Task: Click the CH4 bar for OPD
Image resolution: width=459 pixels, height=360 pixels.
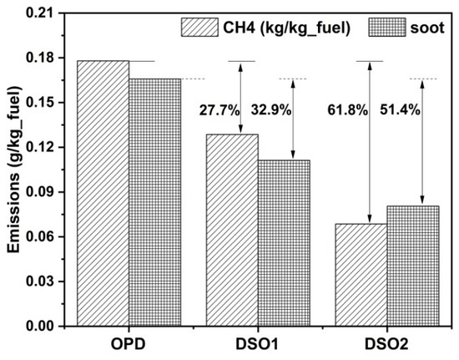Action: (103, 193)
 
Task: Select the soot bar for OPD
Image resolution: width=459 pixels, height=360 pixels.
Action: (155, 202)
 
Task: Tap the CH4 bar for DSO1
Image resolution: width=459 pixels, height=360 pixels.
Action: (232, 231)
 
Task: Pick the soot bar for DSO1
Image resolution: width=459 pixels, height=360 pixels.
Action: (284, 243)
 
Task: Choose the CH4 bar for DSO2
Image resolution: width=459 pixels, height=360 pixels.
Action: (361, 275)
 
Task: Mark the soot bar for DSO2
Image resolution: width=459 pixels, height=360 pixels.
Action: (413, 266)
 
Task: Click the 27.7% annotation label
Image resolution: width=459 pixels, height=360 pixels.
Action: (219, 111)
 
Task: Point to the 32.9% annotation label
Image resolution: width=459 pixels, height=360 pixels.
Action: (271, 110)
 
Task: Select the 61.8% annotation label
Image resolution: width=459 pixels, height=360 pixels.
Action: (347, 110)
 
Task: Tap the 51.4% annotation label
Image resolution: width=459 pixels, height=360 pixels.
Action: (400, 110)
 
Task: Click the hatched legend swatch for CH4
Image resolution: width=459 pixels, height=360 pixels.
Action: (199, 28)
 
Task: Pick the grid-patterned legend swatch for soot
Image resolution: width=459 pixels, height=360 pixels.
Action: (387, 28)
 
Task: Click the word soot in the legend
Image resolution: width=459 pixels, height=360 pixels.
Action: (427, 28)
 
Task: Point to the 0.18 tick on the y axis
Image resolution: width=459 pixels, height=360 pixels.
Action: (61, 58)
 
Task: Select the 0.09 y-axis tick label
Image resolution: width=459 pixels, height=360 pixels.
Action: (40, 192)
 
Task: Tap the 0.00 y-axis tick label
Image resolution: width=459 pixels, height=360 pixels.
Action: (40, 327)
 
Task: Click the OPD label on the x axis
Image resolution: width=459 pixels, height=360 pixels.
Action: (129, 344)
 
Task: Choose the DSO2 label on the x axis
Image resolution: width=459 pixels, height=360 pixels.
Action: (386, 344)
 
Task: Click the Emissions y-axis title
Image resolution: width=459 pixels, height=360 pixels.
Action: (13, 170)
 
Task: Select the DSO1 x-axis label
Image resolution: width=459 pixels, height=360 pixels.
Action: (257, 344)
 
